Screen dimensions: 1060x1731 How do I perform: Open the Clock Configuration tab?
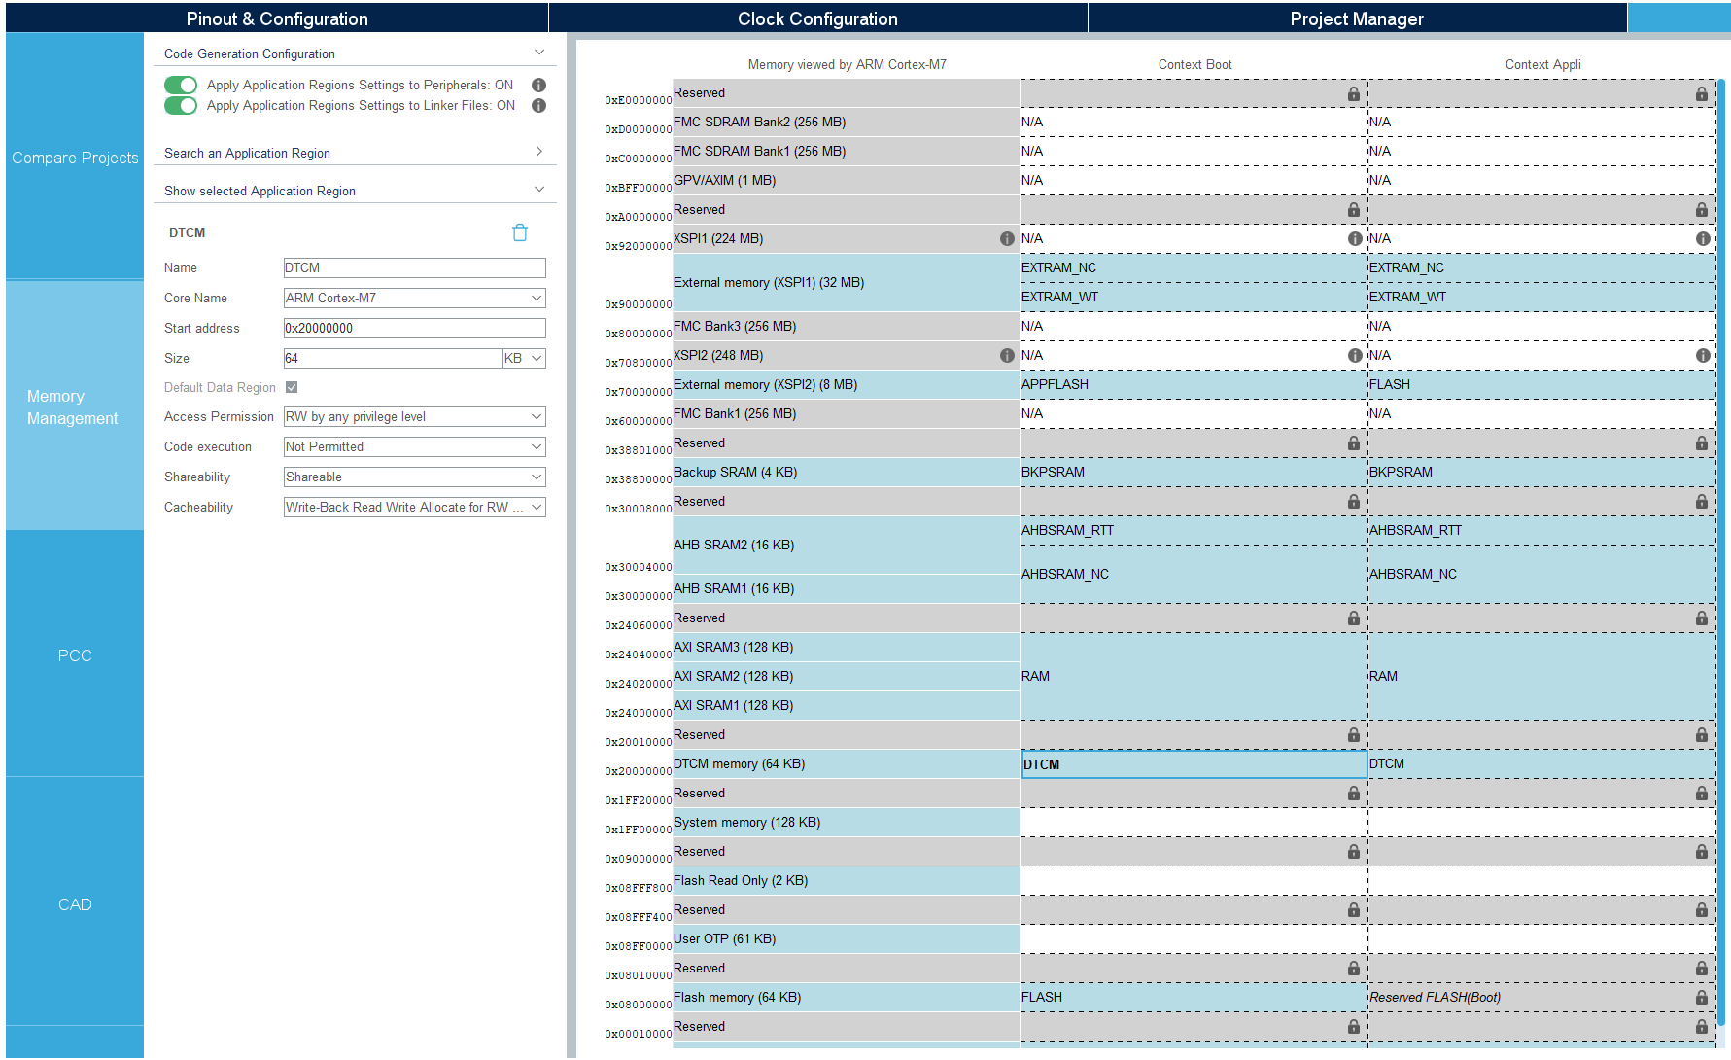coord(817,18)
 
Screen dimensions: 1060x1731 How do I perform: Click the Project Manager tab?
coord(1356,18)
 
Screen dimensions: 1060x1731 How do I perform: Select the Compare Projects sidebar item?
coord(75,158)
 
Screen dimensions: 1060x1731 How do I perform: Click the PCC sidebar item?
coord(75,655)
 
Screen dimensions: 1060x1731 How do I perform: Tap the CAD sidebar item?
coord(75,904)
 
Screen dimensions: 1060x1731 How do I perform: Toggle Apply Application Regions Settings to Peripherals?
coord(181,86)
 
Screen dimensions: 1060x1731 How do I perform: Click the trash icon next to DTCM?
coord(520,232)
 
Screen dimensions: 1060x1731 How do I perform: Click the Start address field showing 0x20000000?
coord(414,329)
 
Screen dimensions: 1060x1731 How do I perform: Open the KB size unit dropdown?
coord(524,359)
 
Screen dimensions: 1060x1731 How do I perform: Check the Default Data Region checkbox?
coord(292,387)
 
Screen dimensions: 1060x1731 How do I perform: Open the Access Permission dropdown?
coord(414,417)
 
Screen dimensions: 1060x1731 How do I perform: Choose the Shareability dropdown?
coord(414,477)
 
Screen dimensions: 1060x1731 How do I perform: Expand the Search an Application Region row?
coord(355,153)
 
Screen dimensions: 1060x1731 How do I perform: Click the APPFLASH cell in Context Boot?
coord(1193,385)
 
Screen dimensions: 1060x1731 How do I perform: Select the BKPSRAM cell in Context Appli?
coord(1541,473)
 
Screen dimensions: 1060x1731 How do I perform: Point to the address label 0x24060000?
coord(638,625)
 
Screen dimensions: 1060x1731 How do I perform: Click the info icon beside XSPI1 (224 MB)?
coord(1007,239)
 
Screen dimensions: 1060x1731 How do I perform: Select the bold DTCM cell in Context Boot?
coord(1193,764)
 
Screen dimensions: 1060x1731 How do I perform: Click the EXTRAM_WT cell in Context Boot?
coord(1193,298)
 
